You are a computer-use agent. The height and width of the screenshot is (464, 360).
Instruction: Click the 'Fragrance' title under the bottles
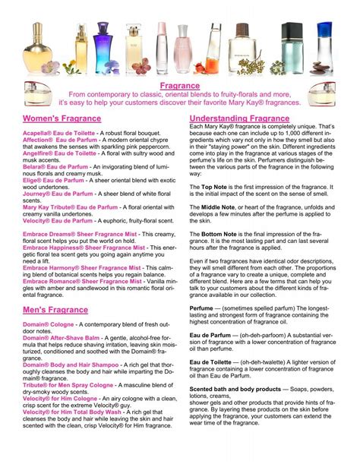click(180, 87)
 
